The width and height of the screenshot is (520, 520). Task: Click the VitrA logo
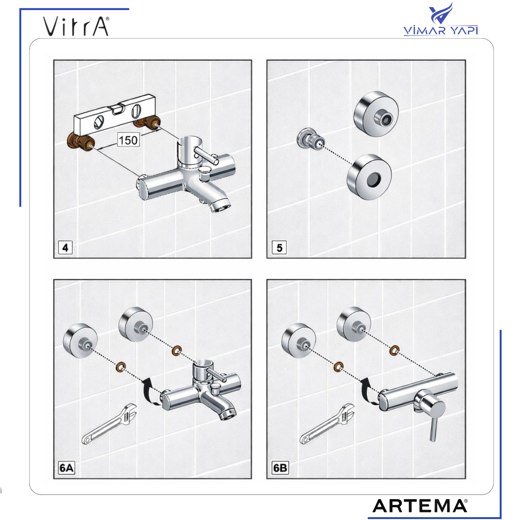(76, 26)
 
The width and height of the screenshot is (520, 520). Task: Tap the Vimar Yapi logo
(441, 19)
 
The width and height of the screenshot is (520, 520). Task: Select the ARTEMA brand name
(420, 506)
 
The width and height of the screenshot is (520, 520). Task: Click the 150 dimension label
(128, 140)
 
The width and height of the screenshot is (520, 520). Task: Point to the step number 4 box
(65, 247)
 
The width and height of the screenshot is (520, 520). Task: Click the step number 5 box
(279, 247)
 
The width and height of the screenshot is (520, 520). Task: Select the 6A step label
(66, 468)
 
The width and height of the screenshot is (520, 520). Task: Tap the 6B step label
(280, 468)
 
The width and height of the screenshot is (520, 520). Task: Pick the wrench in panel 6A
(109, 424)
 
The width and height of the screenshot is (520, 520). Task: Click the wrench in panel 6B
(327, 424)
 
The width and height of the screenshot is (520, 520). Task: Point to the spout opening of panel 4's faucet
(221, 207)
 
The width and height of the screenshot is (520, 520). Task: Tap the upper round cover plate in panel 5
(376, 114)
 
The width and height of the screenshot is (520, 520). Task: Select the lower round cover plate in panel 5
(370, 177)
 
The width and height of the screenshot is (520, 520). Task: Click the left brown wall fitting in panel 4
(81, 142)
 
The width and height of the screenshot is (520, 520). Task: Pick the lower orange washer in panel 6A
(121, 366)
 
